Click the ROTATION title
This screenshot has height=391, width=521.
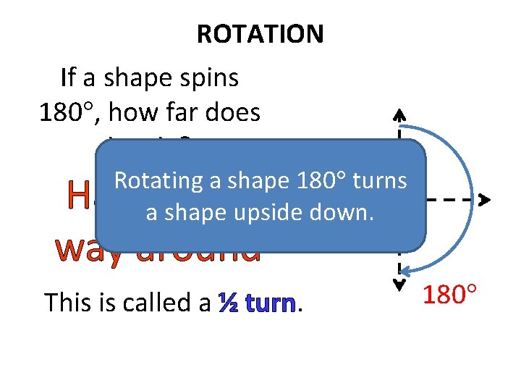pyautogui.click(x=260, y=33)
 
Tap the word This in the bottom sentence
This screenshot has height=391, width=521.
pyautogui.click(x=67, y=302)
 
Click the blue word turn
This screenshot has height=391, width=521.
pyautogui.click(x=271, y=303)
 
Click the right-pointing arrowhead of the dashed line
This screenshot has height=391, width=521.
pyautogui.click(x=485, y=198)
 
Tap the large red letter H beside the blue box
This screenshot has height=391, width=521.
pyautogui.click(x=78, y=194)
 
